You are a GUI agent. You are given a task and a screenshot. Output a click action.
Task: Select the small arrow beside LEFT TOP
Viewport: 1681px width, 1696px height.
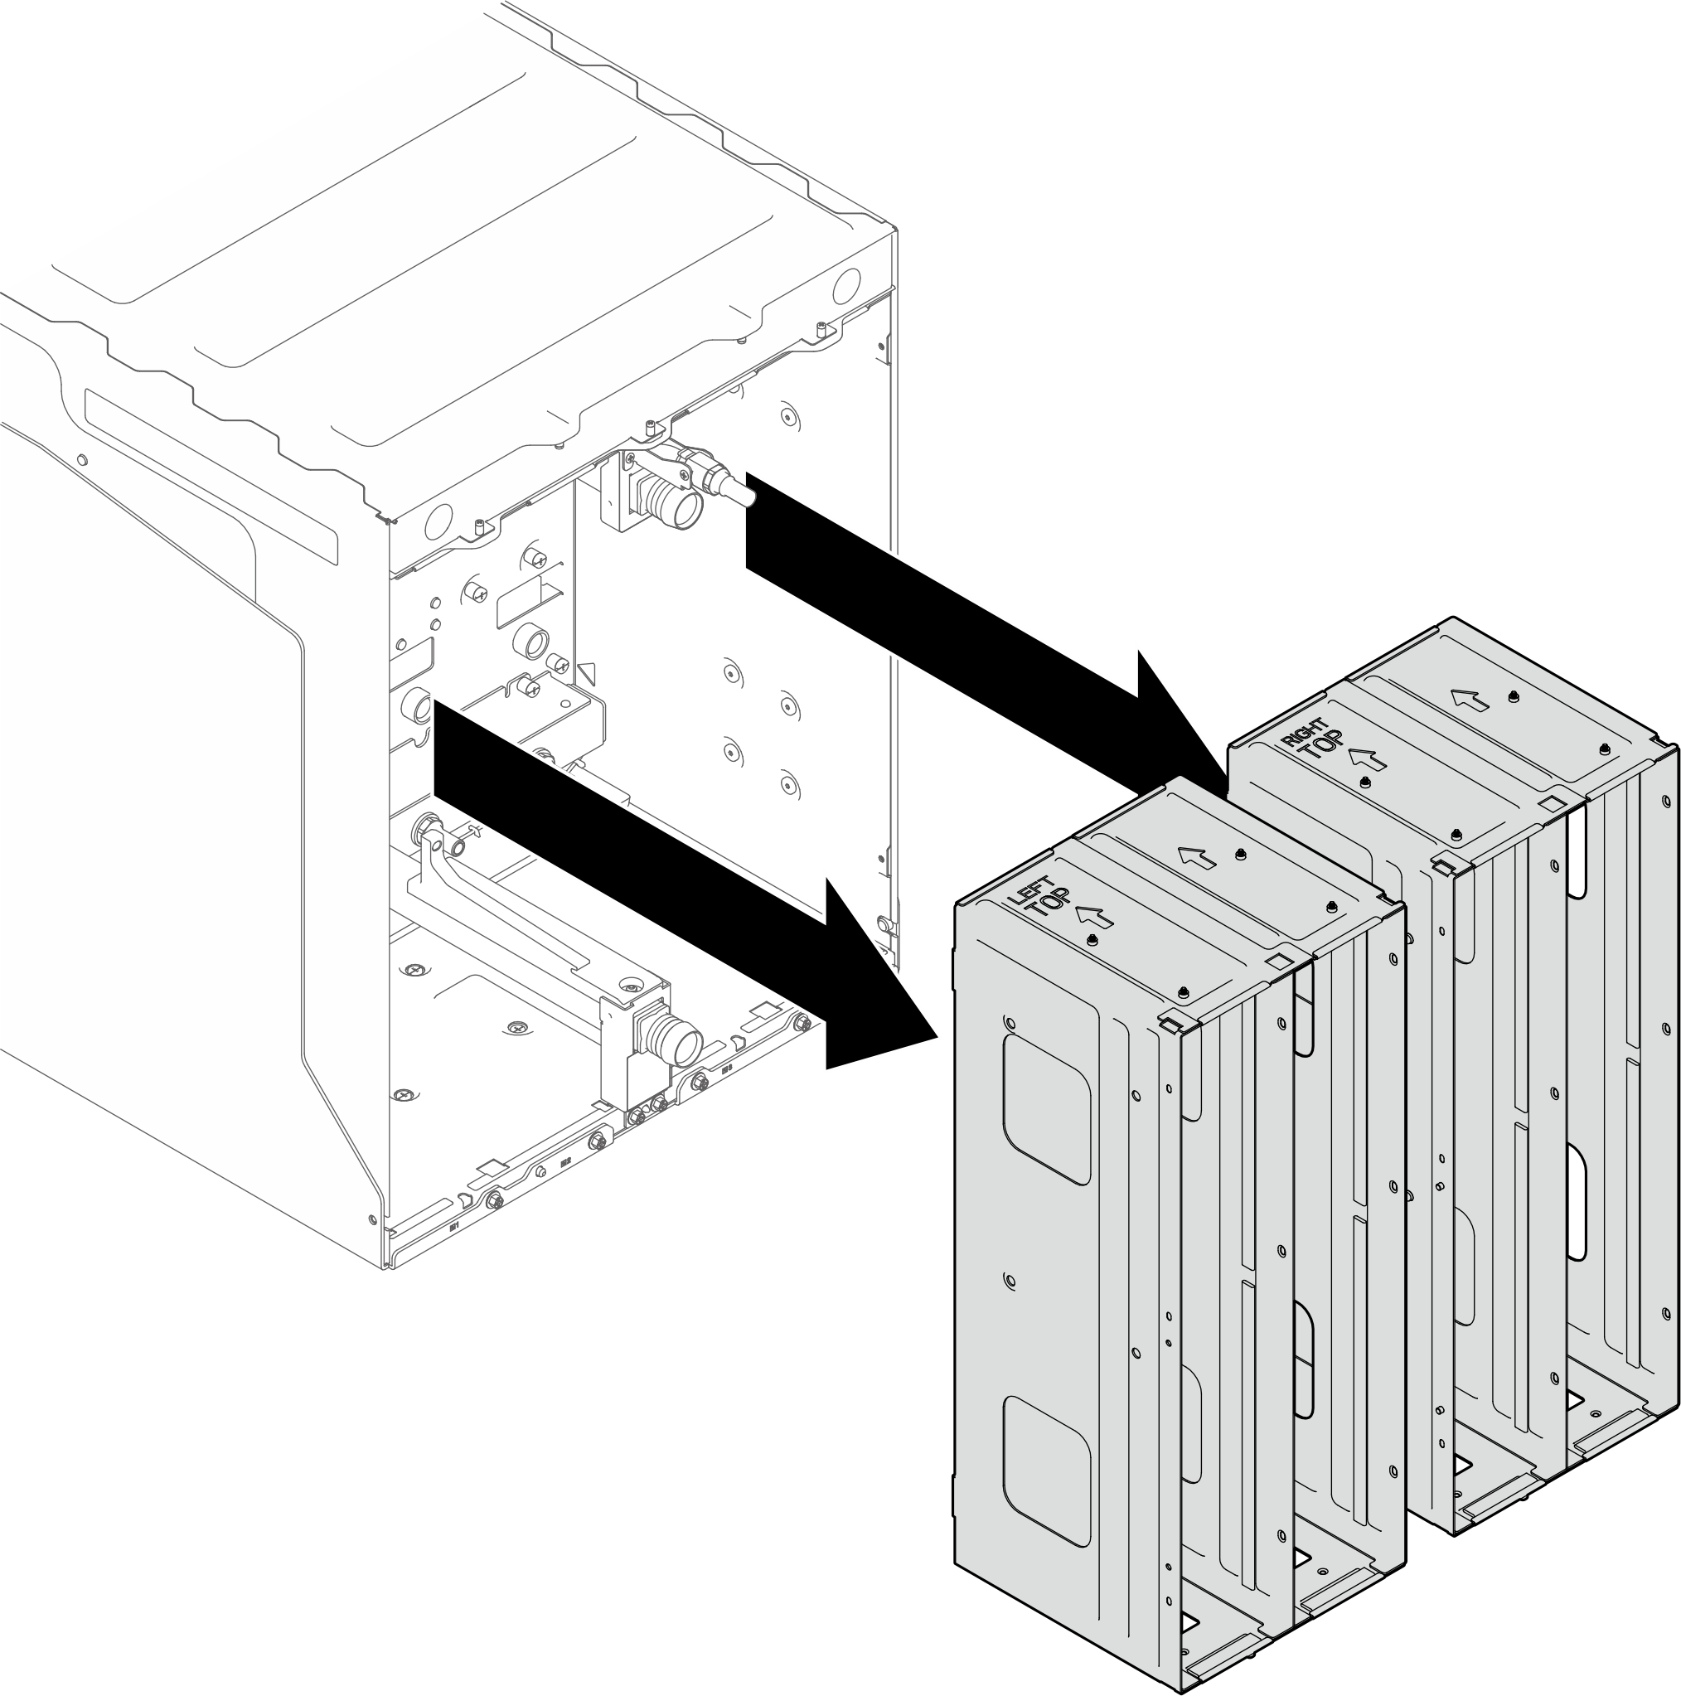point(1094,917)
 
